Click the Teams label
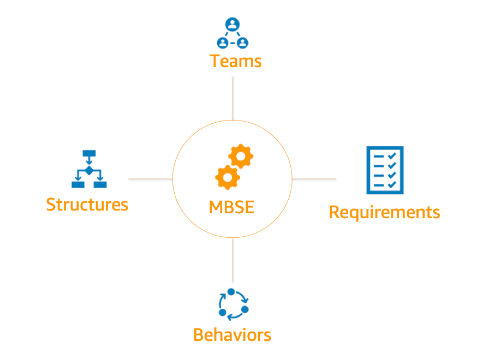click(236, 61)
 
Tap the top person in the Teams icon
click(232, 25)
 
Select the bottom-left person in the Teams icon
click(222, 42)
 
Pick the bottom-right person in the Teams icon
click(243, 42)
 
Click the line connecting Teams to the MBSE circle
click(233, 98)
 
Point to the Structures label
click(87, 205)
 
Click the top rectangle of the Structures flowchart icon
click(88, 154)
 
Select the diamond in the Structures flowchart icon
click(88, 171)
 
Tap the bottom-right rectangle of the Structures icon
click(100, 184)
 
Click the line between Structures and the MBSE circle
click(150, 179)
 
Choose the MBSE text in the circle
click(232, 207)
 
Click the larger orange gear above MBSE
click(241, 157)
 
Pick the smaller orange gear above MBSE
click(227, 177)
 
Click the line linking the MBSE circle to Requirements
click(314, 179)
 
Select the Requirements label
click(384, 212)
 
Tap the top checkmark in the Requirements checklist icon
click(391, 157)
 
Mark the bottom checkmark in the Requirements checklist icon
click(391, 184)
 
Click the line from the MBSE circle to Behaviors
click(233, 260)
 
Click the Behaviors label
click(232, 334)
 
